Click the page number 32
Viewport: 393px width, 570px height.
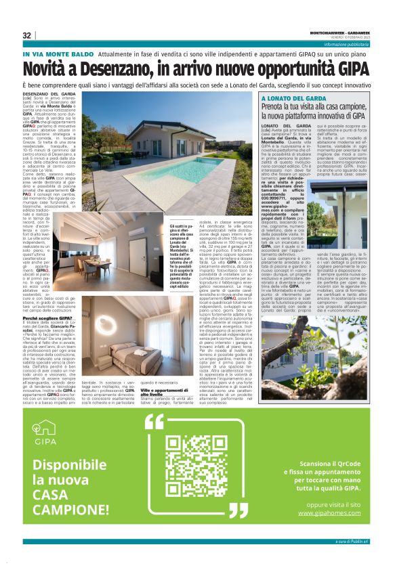click(x=27, y=35)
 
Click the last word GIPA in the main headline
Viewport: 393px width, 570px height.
click(x=354, y=70)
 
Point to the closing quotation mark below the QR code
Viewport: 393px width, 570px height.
click(x=239, y=510)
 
